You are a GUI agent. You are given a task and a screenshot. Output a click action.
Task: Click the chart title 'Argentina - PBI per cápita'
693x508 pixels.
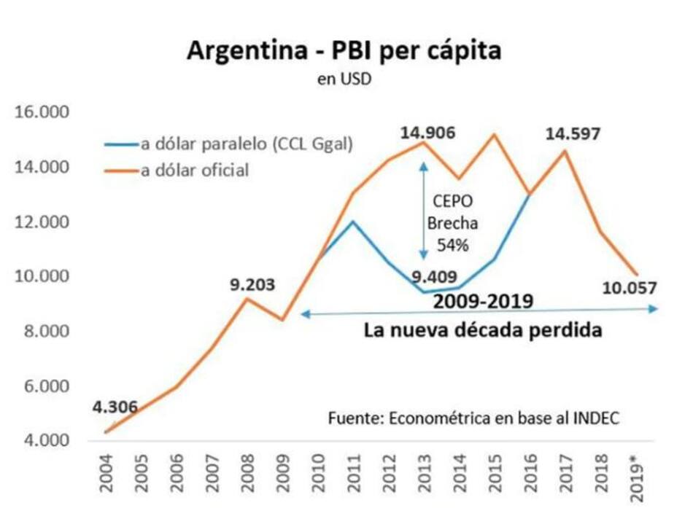(344, 51)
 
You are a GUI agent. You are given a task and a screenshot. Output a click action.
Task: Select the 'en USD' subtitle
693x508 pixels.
(344, 80)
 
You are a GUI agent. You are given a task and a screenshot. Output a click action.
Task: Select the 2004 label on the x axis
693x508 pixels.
(107, 473)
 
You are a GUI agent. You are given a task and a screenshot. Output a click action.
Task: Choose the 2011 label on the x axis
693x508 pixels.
(353, 473)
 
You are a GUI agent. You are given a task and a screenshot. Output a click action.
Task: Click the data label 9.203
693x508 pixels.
(252, 285)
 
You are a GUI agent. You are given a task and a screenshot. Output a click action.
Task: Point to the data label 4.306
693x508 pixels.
(115, 407)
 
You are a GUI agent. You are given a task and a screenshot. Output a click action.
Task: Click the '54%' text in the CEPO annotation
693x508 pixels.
(452, 245)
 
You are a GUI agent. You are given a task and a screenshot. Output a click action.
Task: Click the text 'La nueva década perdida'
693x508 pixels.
(483, 330)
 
